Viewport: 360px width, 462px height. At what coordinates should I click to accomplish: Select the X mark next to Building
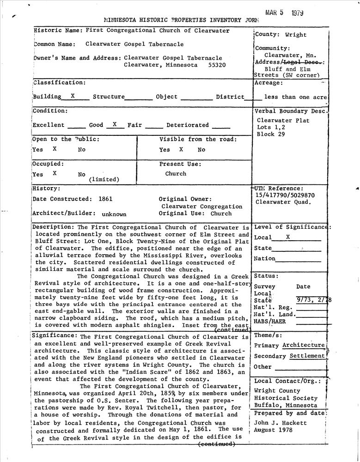point(73,96)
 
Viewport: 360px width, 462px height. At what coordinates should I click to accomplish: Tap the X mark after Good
point(115,124)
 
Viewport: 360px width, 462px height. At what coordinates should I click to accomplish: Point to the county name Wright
point(296,35)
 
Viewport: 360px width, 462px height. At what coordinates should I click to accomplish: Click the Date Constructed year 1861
point(105,199)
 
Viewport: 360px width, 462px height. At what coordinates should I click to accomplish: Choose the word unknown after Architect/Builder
point(114,214)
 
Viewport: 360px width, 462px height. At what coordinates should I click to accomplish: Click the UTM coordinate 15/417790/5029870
point(285,195)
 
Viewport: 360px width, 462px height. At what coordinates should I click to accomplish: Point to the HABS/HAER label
point(270,322)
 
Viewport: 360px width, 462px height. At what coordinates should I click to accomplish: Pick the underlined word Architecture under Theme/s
point(304,345)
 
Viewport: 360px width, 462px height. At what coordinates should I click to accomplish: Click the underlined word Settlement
point(307,356)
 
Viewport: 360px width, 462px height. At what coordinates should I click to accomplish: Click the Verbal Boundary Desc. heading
point(291,111)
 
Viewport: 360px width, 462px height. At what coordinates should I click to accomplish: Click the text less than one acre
point(295,97)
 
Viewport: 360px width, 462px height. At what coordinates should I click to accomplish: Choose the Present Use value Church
point(176,174)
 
